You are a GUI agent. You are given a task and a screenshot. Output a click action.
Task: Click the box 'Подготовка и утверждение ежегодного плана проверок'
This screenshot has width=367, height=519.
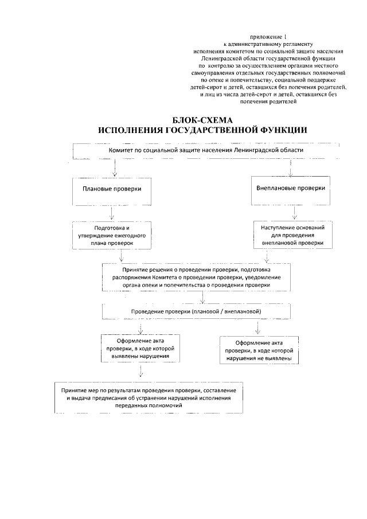[x=112, y=235]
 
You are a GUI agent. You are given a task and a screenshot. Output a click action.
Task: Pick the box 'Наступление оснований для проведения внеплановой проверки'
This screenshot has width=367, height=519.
[x=292, y=235]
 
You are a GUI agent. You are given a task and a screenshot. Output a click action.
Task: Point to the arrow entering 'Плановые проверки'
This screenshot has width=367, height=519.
[x=115, y=167]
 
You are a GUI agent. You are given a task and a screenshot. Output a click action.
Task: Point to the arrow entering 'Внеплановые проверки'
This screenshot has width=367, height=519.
[x=292, y=167]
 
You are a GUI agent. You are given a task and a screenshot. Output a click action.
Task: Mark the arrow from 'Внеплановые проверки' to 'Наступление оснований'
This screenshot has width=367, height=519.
[x=294, y=213]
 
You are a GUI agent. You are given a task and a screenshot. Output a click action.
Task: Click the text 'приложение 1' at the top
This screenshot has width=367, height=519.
[x=269, y=36]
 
